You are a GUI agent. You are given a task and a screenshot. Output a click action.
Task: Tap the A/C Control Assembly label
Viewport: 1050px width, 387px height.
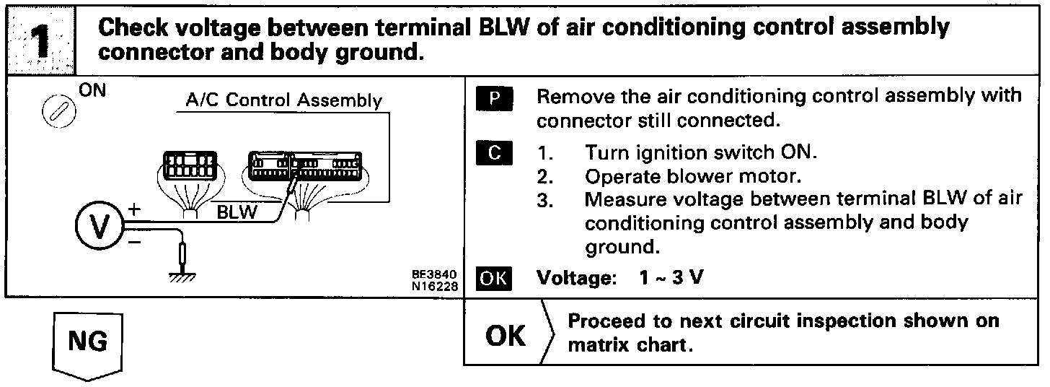point(283,100)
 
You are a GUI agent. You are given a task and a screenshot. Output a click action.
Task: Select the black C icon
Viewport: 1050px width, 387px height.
point(493,154)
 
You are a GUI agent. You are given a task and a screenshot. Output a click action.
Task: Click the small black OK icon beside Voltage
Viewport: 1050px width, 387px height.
point(493,278)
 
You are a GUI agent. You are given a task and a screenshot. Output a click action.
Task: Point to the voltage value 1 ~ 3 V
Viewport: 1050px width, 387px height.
point(671,278)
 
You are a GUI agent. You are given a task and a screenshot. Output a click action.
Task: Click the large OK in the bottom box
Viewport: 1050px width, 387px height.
point(506,336)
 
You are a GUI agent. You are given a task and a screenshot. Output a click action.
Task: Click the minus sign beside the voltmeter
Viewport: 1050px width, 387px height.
point(135,243)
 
